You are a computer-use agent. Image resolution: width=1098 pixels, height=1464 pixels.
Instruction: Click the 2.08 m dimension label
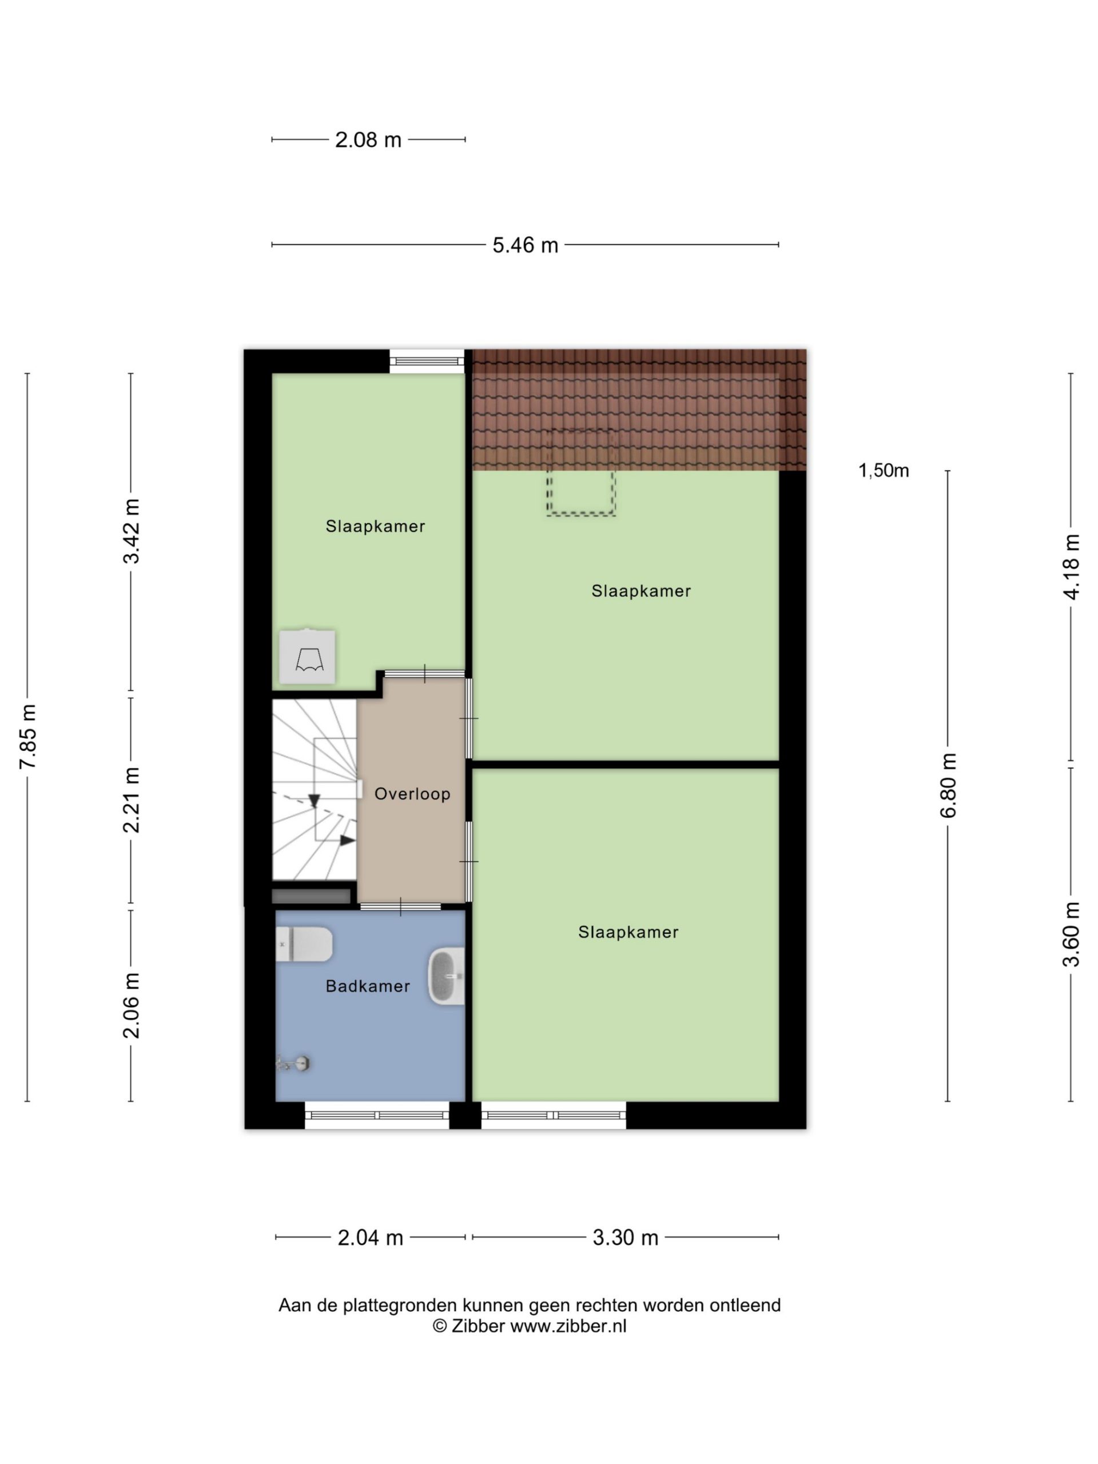click(x=368, y=140)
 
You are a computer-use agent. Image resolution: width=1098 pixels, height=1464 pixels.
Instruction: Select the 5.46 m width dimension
click(x=525, y=245)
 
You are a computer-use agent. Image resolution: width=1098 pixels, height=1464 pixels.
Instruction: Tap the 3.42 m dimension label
click(x=132, y=531)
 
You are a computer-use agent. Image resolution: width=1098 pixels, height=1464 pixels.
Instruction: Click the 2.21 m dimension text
click(x=132, y=799)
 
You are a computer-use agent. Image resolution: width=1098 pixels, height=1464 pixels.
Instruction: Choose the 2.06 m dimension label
click(x=132, y=1006)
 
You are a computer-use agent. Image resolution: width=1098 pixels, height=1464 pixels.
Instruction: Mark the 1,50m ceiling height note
click(x=884, y=471)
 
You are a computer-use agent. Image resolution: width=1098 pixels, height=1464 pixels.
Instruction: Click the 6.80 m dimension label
click(x=948, y=786)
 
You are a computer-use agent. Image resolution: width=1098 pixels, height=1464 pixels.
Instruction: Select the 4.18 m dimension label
click(x=1071, y=567)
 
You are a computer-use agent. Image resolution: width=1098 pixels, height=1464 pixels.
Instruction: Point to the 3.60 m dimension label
click(x=1071, y=934)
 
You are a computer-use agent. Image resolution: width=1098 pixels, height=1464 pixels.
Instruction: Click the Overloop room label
click(x=412, y=794)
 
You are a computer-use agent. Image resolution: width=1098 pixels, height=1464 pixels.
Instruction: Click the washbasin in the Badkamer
click(x=447, y=977)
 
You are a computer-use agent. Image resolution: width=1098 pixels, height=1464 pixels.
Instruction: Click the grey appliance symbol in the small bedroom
click(x=307, y=657)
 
